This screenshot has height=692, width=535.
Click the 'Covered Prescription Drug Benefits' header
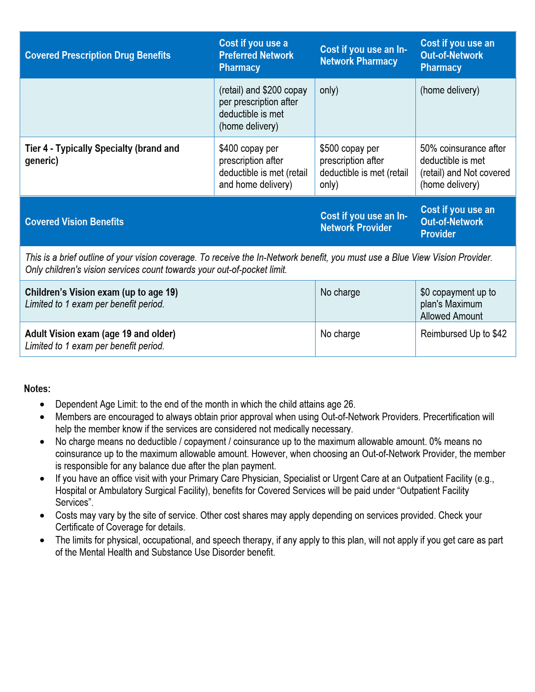[98, 55]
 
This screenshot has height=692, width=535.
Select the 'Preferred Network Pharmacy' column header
[256, 55]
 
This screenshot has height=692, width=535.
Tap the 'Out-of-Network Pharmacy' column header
[457, 55]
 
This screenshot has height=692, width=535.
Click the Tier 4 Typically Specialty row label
[102, 154]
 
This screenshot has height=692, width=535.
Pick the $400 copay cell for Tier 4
[263, 166]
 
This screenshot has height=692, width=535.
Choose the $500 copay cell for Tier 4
[364, 166]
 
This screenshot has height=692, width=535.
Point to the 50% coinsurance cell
[465, 166]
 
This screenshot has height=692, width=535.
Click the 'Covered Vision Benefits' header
[74, 222]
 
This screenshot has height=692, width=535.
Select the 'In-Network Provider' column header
[364, 222]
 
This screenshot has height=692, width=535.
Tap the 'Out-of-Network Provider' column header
[457, 222]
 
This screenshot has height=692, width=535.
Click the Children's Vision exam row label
[101, 298]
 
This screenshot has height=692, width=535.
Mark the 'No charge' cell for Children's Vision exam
[340, 292]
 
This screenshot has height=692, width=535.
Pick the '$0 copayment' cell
[458, 304]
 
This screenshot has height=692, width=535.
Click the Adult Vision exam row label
[100, 340]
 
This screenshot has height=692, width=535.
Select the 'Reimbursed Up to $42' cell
[463, 334]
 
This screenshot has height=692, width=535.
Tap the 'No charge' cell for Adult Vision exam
[340, 334]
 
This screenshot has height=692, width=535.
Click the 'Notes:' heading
[37, 389]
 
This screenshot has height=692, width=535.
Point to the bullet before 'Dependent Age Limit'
[42, 405]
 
